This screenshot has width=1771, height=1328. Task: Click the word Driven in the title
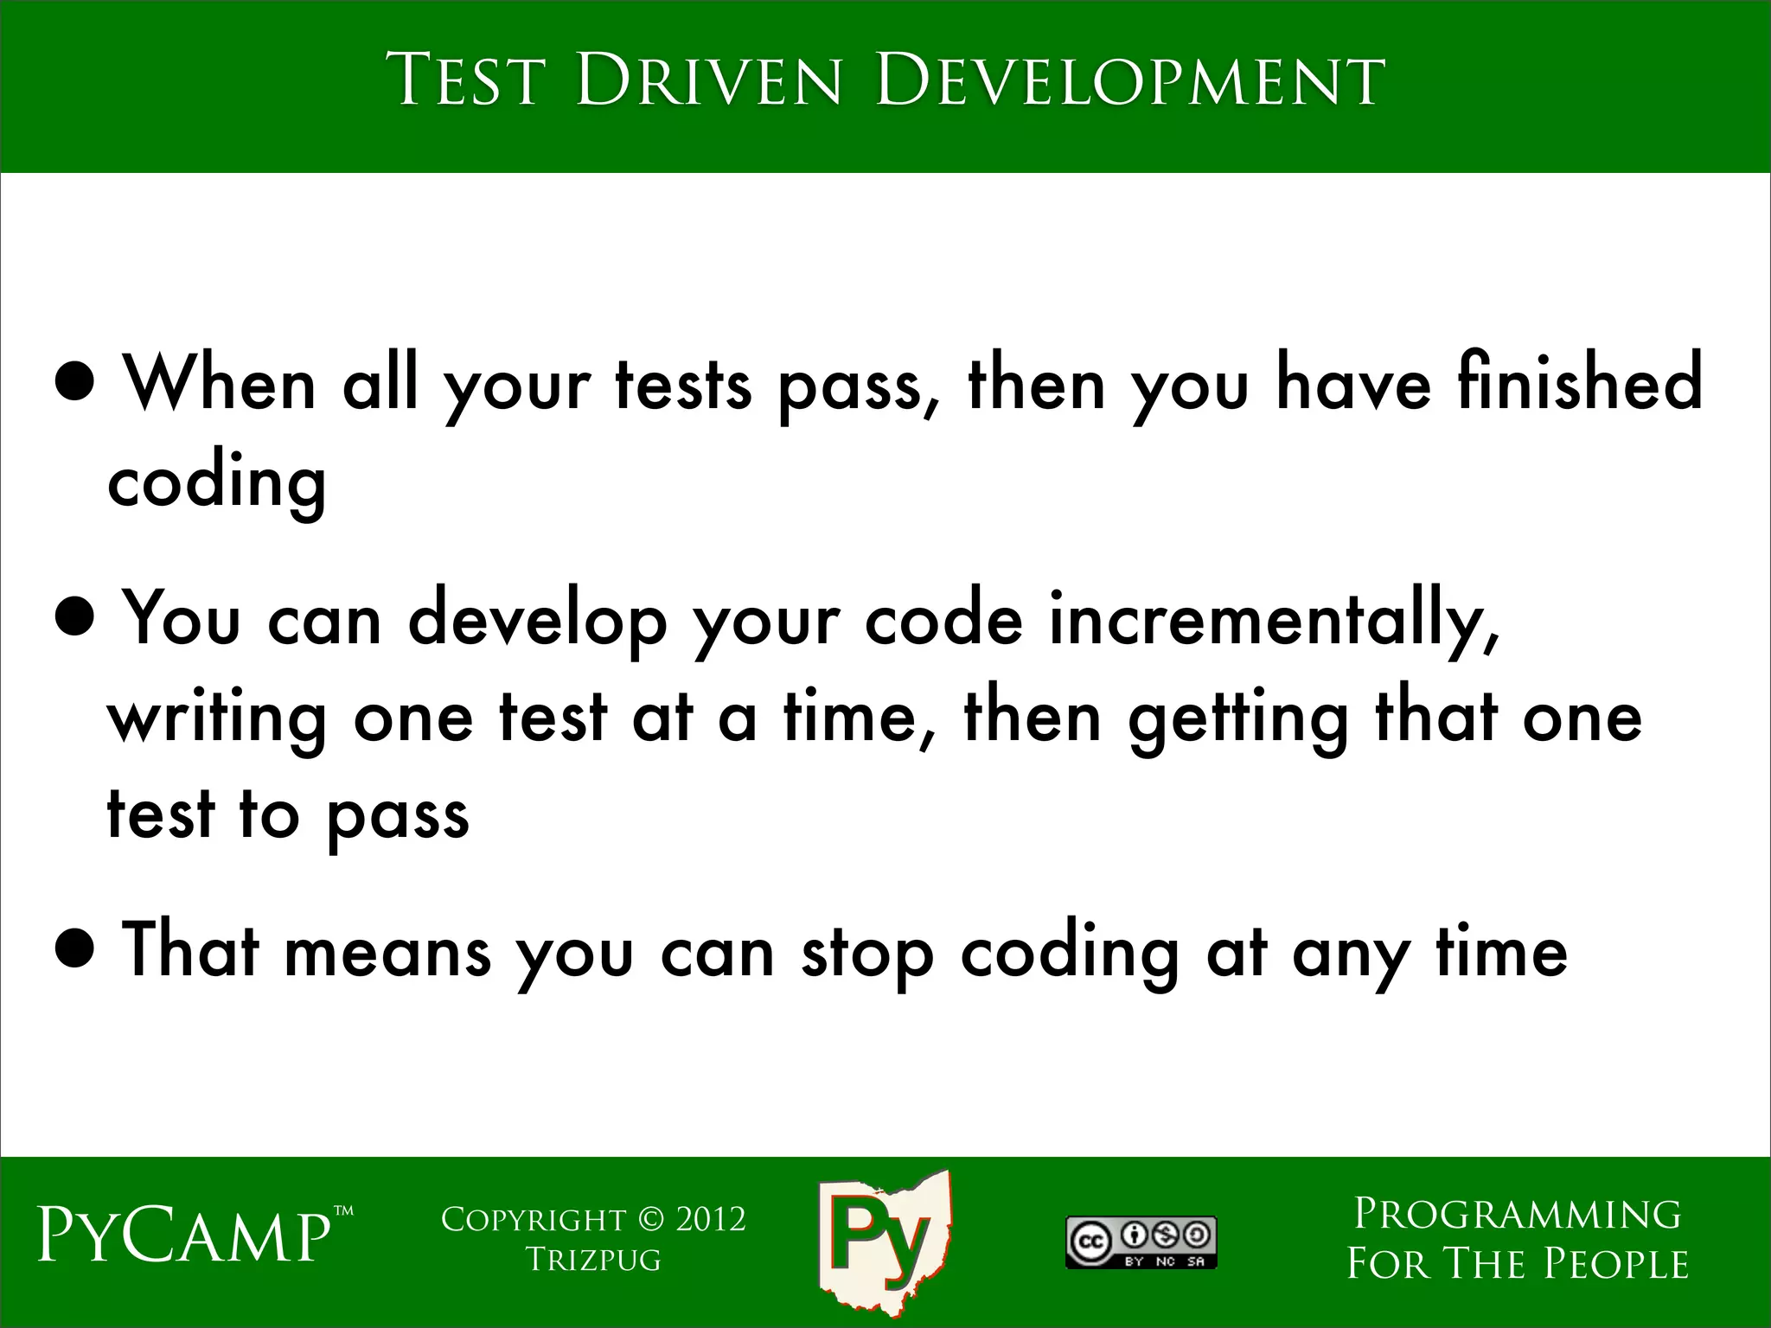(707, 80)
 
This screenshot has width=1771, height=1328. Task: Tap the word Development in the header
(1130, 80)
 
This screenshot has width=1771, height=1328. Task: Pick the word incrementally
(1275, 620)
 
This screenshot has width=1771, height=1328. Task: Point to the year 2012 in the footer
(710, 1219)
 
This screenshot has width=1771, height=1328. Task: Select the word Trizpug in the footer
(594, 1260)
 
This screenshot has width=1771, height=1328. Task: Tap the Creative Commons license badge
(1141, 1242)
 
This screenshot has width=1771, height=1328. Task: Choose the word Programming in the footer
(1517, 1214)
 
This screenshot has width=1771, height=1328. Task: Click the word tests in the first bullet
(683, 383)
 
